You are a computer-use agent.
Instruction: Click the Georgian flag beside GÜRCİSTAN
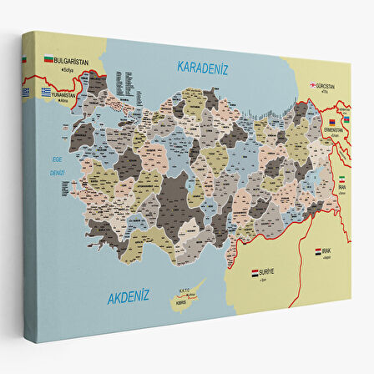click(x=313, y=85)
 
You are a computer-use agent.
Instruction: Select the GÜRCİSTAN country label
click(x=329, y=85)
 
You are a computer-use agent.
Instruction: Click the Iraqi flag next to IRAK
click(x=319, y=250)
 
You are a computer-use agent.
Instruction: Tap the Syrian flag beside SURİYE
click(x=255, y=272)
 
